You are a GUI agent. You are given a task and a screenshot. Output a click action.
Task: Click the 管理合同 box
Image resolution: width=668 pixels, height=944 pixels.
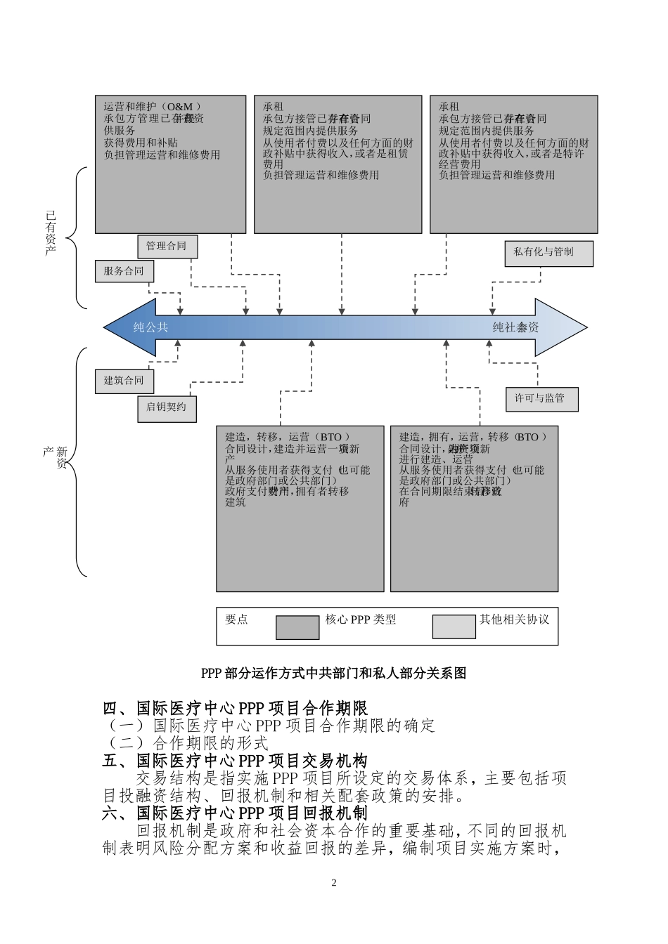tap(167, 247)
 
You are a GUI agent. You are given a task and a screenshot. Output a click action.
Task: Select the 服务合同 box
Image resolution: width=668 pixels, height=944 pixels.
tap(124, 271)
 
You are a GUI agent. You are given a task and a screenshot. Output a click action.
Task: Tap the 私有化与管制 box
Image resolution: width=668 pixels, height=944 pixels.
tap(548, 253)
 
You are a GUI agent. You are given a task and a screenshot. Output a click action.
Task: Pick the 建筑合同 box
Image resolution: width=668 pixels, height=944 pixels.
tap(124, 381)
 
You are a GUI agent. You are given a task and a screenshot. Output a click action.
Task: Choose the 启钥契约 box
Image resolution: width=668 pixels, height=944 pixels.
tap(167, 407)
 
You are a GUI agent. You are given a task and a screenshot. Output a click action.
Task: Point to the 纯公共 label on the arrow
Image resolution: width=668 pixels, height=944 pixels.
tap(151, 327)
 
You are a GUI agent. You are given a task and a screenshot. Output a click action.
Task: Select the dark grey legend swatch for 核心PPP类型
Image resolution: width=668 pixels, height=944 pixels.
tap(297, 627)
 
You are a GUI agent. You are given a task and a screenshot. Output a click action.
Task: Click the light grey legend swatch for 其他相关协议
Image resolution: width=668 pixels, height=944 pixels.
tap(454, 627)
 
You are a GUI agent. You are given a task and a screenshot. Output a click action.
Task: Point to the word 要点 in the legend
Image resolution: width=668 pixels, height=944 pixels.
tap(237, 619)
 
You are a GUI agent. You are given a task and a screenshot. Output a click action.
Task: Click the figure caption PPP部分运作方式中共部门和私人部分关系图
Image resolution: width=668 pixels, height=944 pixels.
tap(333, 674)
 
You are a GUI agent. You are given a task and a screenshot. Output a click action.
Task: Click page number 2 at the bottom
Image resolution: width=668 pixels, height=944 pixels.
tap(334, 883)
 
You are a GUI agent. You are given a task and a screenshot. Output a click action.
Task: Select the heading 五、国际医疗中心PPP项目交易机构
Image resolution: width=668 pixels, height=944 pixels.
tap(235, 761)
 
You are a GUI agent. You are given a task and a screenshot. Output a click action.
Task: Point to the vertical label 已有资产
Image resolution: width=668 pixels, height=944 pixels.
tap(51, 233)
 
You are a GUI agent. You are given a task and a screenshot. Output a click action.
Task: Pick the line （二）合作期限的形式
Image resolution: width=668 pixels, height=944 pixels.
tap(186, 743)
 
